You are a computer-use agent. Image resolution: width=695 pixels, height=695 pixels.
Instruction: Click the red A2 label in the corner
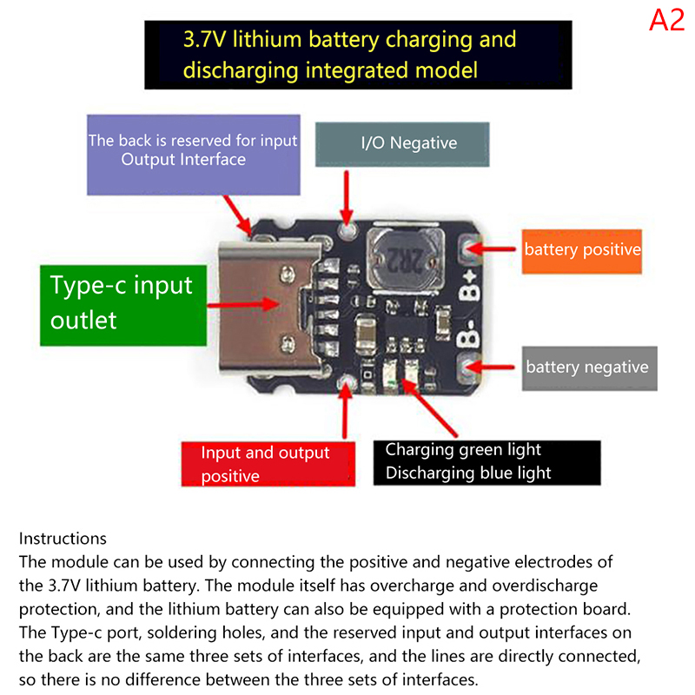tap(666, 20)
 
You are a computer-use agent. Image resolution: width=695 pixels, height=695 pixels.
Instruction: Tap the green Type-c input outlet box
tap(121, 302)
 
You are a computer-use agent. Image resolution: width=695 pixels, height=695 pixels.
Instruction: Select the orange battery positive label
tap(581, 249)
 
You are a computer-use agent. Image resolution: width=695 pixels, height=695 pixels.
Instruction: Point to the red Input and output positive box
tap(267, 464)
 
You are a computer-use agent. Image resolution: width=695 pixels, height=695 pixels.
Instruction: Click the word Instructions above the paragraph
tap(63, 539)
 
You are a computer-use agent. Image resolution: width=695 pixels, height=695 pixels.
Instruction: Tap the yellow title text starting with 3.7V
tap(349, 54)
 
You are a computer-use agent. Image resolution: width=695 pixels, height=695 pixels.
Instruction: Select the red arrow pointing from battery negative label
tap(499, 367)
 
